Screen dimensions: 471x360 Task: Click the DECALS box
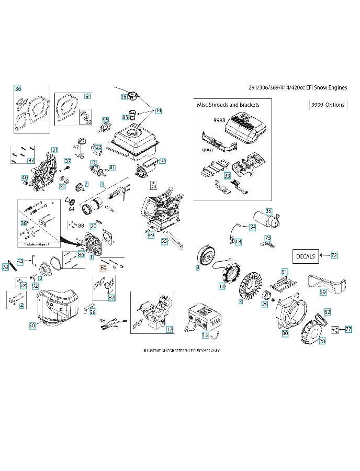305,256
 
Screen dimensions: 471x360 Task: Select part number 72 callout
334,255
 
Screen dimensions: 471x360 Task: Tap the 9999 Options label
328,105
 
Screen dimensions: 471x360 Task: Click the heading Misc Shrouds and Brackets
228,105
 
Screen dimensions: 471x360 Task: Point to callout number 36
18,88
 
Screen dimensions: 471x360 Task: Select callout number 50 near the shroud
32,325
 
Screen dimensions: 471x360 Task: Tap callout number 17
169,329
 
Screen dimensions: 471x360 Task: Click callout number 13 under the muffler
205,334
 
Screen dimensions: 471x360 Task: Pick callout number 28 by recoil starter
322,341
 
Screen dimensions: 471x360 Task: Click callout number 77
348,329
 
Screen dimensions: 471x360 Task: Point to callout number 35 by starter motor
268,211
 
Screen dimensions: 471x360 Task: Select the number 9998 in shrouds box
219,120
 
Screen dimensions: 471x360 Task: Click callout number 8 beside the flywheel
198,268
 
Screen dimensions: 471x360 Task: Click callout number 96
163,161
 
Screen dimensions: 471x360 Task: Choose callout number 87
31,161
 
